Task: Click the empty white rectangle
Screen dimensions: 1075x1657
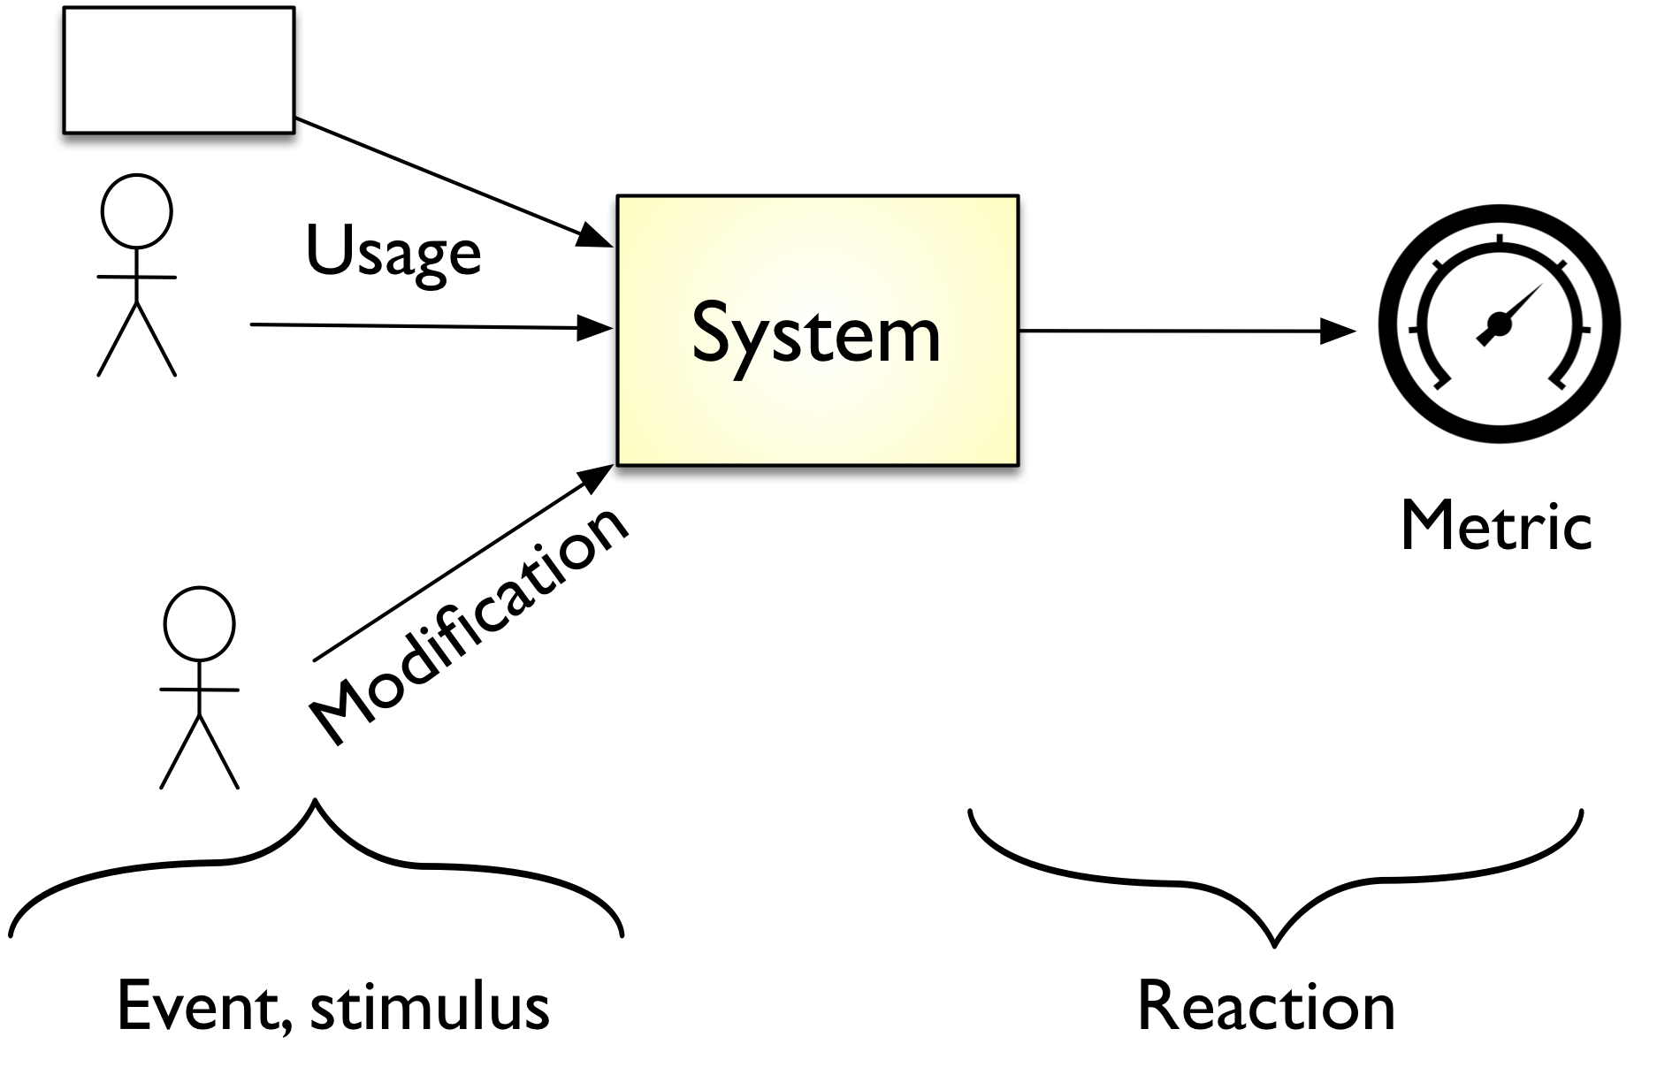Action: (x=179, y=70)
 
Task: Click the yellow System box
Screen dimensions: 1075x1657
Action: (x=817, y=330)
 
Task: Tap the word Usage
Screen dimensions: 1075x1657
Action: (x=393, y=251)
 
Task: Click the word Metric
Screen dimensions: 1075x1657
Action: (x=1496, y=528)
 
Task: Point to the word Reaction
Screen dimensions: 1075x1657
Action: (x=1265, y=1007)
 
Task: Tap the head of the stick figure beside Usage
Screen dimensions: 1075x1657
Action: (x=136, y=210)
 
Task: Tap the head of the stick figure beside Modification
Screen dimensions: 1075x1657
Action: (x=200, y=622)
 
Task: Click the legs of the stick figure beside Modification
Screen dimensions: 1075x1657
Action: (x=199, y=751)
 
